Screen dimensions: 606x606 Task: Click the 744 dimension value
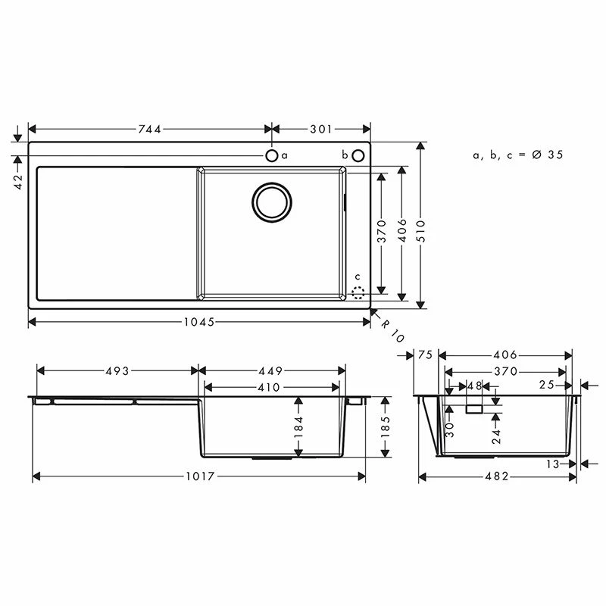tap(149, 130)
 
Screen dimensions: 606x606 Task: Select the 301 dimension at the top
tap(321, 130)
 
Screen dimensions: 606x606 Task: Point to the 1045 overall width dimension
tap(199, 322)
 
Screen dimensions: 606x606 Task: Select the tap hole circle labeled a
tap(271, 155)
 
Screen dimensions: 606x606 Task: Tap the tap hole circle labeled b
tap(358, 155)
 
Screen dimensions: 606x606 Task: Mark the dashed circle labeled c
tap(358, 290)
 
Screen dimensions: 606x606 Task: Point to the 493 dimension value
tap(117, 371)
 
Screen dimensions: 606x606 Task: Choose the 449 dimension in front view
tap(270, 371)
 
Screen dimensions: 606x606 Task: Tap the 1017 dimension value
tap(198, 476)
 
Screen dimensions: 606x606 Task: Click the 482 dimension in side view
tap(495, 476)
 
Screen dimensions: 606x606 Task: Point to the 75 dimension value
tap(424, 355)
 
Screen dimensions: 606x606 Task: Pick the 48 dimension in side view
tap(474, 386)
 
